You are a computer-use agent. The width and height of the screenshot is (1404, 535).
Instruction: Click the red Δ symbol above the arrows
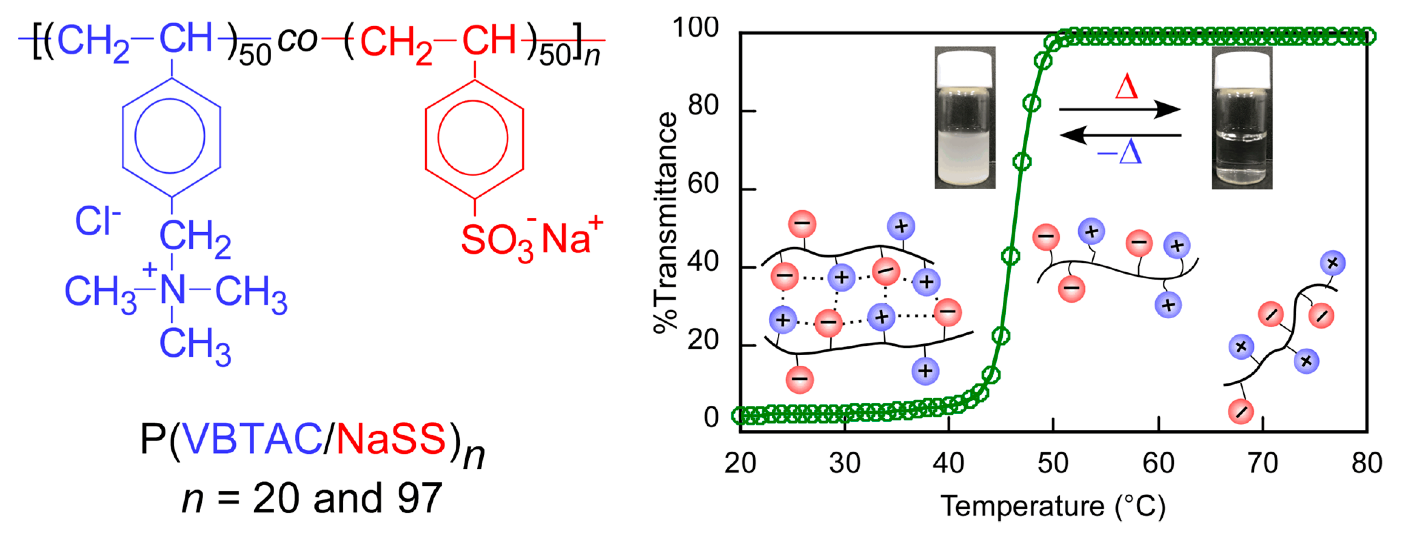click(1126, 87)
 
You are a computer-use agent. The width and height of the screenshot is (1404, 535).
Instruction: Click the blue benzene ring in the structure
click(171, 137)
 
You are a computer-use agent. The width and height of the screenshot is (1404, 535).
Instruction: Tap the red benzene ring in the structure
click(474, 139)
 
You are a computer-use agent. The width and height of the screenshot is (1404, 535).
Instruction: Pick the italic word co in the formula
click(297, 40)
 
